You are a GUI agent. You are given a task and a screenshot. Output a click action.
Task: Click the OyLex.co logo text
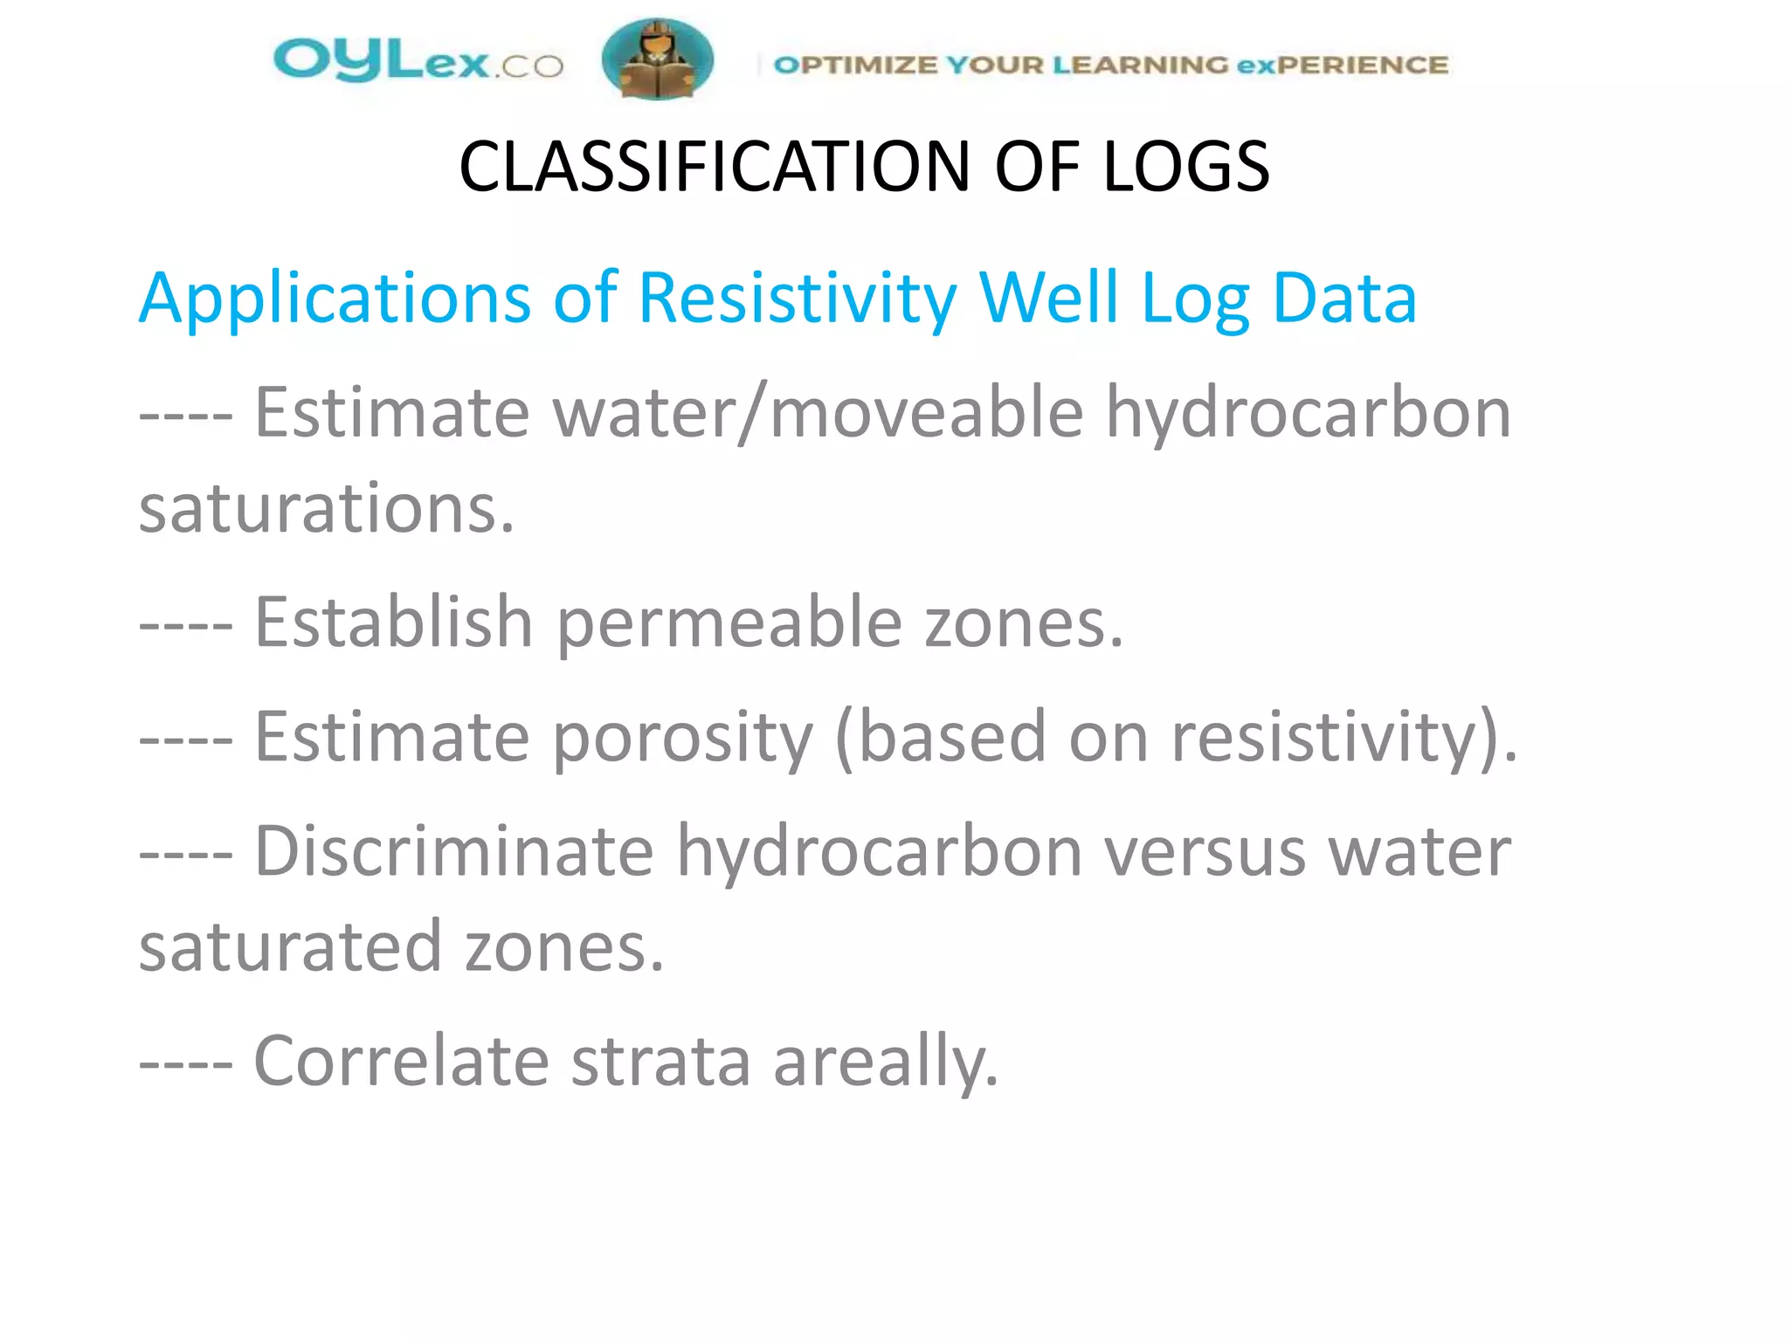[x=418, y=61]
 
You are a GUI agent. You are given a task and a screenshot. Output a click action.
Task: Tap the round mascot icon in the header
[x=657, y=59]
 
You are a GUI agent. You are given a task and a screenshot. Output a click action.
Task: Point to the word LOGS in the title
[x=1185, y=167]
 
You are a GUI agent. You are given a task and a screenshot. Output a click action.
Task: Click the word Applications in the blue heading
[x=335, y=299]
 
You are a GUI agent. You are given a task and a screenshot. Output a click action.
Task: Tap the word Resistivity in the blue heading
[x=798, y=299]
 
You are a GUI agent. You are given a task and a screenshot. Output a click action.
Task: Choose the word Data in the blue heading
[x=1344, y=299]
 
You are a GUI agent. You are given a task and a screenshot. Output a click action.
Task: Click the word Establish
[x=393, y=622]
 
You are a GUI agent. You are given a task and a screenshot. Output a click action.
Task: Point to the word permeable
[x=729, y=622]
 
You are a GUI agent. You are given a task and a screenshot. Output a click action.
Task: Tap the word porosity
[x=683, y=737]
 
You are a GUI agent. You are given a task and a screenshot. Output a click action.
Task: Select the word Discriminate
[x=453, y=851]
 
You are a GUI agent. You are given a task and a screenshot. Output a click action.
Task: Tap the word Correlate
[x=401, y=1062]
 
